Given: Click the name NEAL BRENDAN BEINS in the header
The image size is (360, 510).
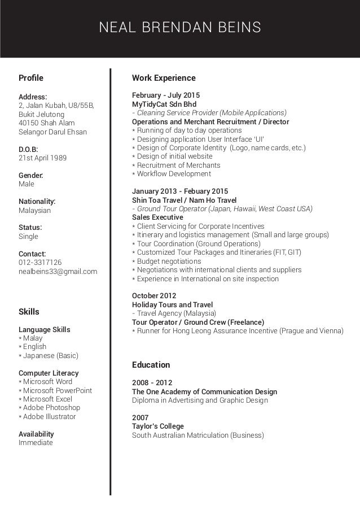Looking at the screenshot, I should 180,27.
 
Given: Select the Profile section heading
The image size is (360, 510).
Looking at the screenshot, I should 31,77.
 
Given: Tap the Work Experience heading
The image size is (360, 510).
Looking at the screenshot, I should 164,78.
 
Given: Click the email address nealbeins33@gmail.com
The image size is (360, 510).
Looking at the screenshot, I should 58,272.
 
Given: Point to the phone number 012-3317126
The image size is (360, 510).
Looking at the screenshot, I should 40,263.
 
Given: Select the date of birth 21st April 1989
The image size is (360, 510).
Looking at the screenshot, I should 42,158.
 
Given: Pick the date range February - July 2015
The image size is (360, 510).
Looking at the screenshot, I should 166,95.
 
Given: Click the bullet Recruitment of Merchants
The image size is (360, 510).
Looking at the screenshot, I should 178,165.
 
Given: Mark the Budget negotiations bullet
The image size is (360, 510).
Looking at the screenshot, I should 169,261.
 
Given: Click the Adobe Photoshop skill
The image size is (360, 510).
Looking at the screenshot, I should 52,408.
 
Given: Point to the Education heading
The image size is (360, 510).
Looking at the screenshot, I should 151,365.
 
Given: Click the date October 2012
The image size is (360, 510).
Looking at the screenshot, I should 154,295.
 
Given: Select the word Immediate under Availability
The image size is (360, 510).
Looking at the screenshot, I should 36,443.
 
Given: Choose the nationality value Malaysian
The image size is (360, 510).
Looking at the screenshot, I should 35,210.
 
